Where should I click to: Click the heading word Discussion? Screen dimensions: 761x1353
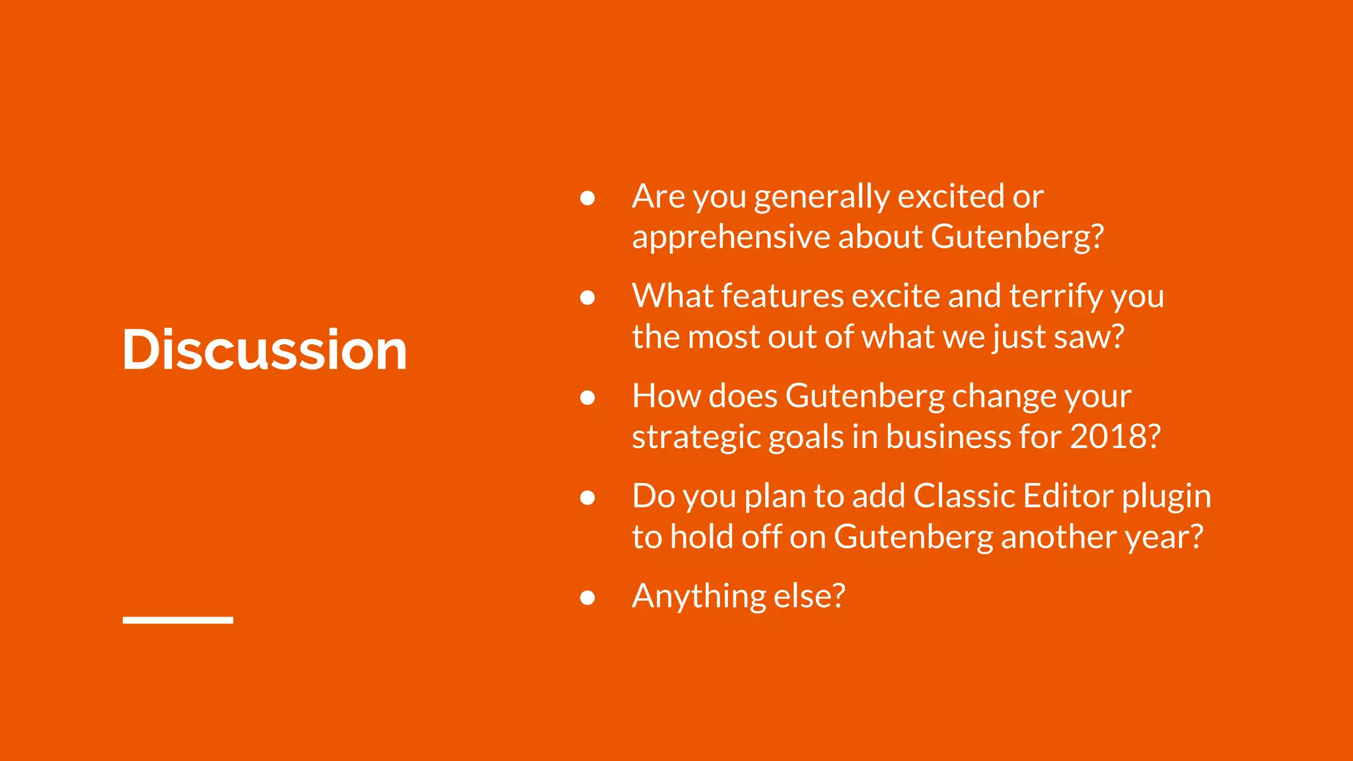[264, 349]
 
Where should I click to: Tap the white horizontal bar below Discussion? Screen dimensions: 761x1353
[178, 620]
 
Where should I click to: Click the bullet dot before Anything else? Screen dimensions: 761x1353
[587, 598]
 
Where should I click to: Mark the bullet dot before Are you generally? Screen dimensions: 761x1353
[587, 198]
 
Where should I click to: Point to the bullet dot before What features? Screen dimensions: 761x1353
[587, 298]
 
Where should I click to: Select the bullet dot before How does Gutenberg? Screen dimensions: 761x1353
[587, 398]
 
